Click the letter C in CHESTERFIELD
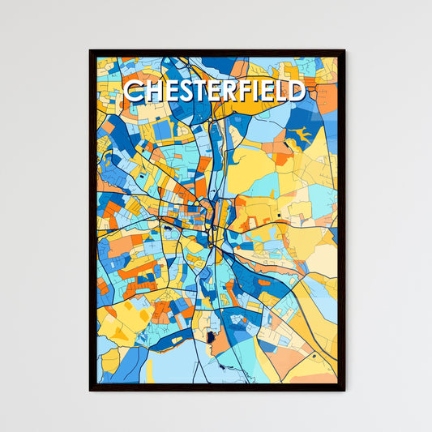coord(133,91)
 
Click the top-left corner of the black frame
coord(90,50)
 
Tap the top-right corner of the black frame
coord(344,50)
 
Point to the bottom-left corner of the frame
coord(90,391)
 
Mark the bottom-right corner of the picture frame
coord(344,391)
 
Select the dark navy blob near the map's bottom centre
coord(212,337)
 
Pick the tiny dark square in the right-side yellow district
coord(278,216)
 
